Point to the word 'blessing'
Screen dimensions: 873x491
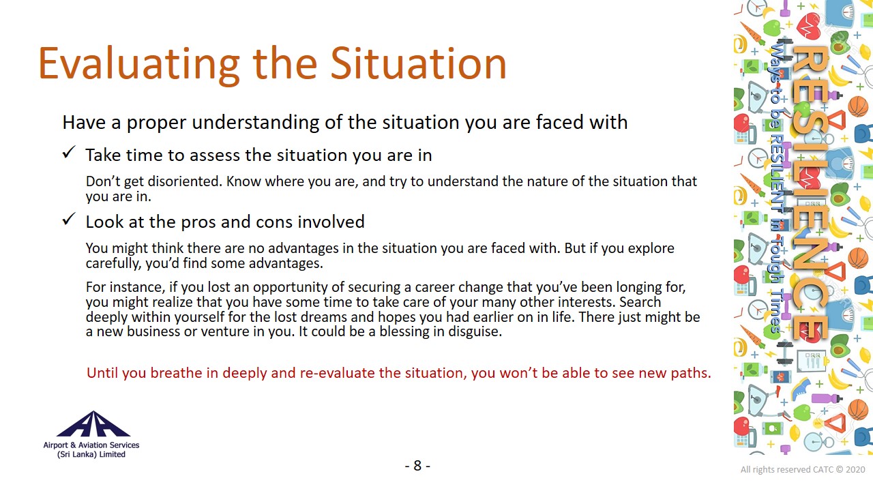405,331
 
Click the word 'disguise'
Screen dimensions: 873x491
475,331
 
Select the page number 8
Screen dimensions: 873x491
417,466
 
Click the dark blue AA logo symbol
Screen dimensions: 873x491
93,424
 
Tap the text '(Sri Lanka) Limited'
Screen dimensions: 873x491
91,454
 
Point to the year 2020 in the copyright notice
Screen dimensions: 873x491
855,470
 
